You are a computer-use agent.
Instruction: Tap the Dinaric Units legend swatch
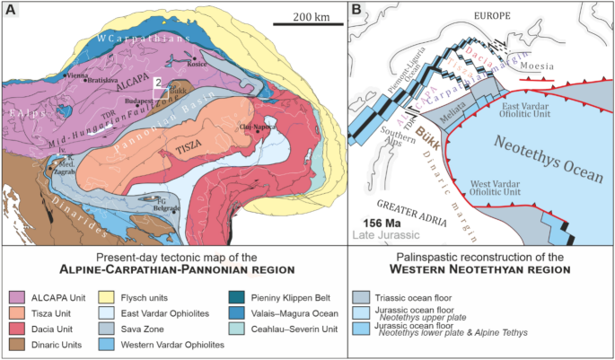[x=16, y=346]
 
